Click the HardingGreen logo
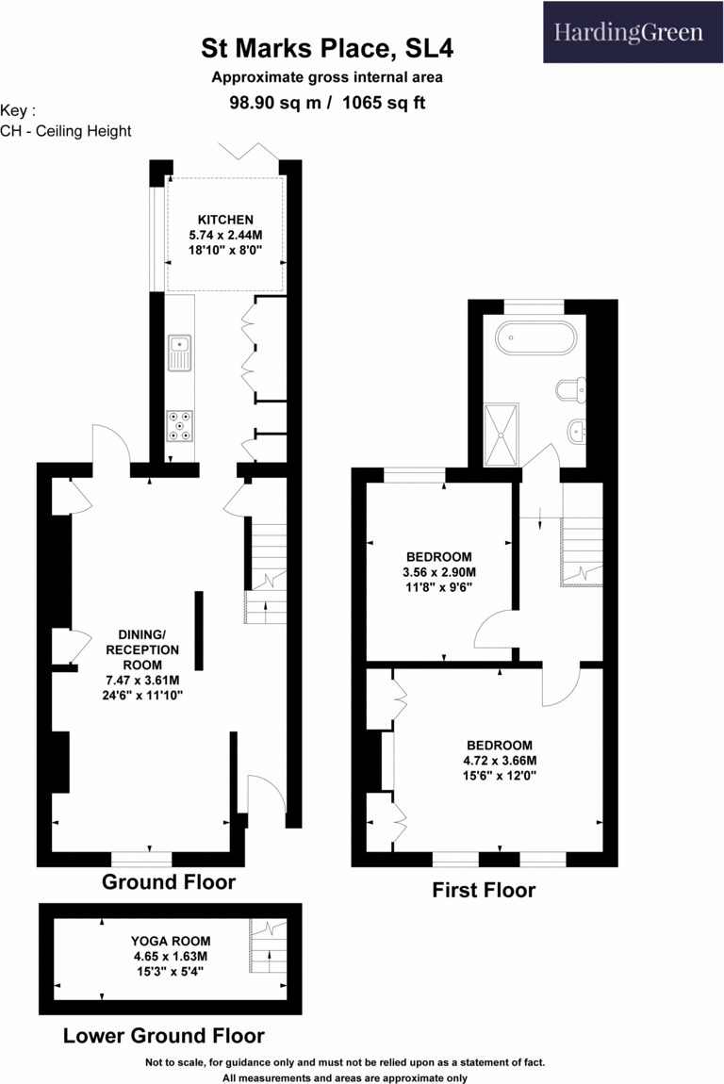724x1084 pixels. [x=628, y=33]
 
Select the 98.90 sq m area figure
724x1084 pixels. [x=275, y=103]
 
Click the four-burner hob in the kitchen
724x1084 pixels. [x=179, y=426]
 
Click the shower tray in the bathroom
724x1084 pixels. [x=501, y=434]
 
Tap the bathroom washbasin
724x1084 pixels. [x=575, y=433]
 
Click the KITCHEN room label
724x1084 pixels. [x=225, y=220]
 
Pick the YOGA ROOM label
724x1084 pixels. [x=171, y=941]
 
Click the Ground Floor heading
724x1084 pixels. [x=169, y=882]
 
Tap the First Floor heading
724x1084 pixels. [x=484, y=890]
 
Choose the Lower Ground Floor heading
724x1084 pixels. [x=163, y=1035]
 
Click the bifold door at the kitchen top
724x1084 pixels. [x=248, y=154]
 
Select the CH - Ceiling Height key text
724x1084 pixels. [x=66, y=131]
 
